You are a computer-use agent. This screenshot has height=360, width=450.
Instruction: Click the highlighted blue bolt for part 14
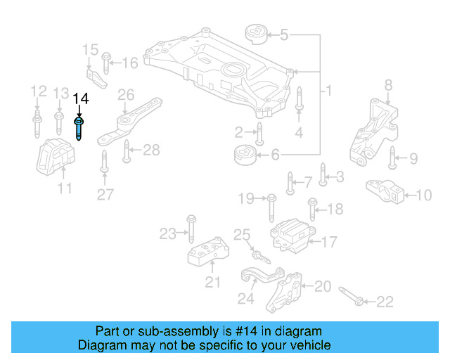point(78,129)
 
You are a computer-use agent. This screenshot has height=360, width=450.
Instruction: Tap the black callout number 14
point(81,98)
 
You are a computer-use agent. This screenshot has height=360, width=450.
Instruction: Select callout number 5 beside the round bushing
point(283,34)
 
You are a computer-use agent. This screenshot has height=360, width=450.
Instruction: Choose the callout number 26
point(125,94)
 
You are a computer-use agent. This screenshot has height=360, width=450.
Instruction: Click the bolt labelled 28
point(127,150)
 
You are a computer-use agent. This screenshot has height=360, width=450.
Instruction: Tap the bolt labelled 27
point(104,161)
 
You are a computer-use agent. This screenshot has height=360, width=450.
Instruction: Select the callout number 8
point(387,86)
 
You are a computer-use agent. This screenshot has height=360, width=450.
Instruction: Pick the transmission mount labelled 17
point(290,236)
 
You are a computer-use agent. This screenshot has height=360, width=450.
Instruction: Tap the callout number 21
point(212,283)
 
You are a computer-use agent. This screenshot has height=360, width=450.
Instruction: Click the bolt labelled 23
point(191,228)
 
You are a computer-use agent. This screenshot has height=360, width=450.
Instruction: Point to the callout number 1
point(327,91)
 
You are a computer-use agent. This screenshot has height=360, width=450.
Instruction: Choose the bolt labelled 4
point(298,98)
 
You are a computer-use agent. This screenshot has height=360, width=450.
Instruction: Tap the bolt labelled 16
point(105,63)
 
